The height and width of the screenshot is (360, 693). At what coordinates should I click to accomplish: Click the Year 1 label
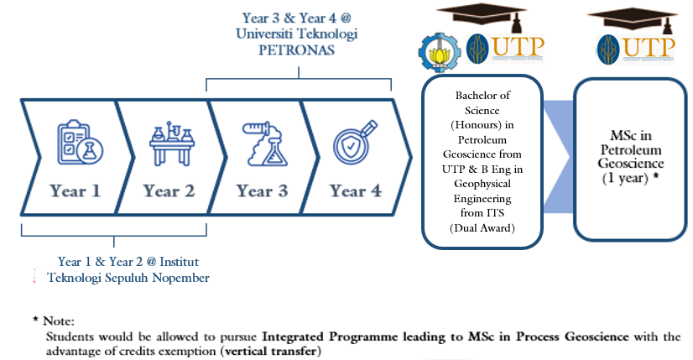pos(76,190)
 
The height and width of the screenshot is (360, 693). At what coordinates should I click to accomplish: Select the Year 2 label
pos(169,190)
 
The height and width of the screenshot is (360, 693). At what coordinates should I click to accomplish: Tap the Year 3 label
pos(262,190)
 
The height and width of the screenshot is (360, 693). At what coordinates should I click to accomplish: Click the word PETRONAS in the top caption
pos(297,50)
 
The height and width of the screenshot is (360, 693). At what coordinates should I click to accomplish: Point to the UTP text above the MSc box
pos(649,45)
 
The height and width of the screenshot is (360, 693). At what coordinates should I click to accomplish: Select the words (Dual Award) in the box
pos(482,228)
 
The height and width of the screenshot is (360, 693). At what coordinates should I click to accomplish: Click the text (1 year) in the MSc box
pos(626,178)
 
